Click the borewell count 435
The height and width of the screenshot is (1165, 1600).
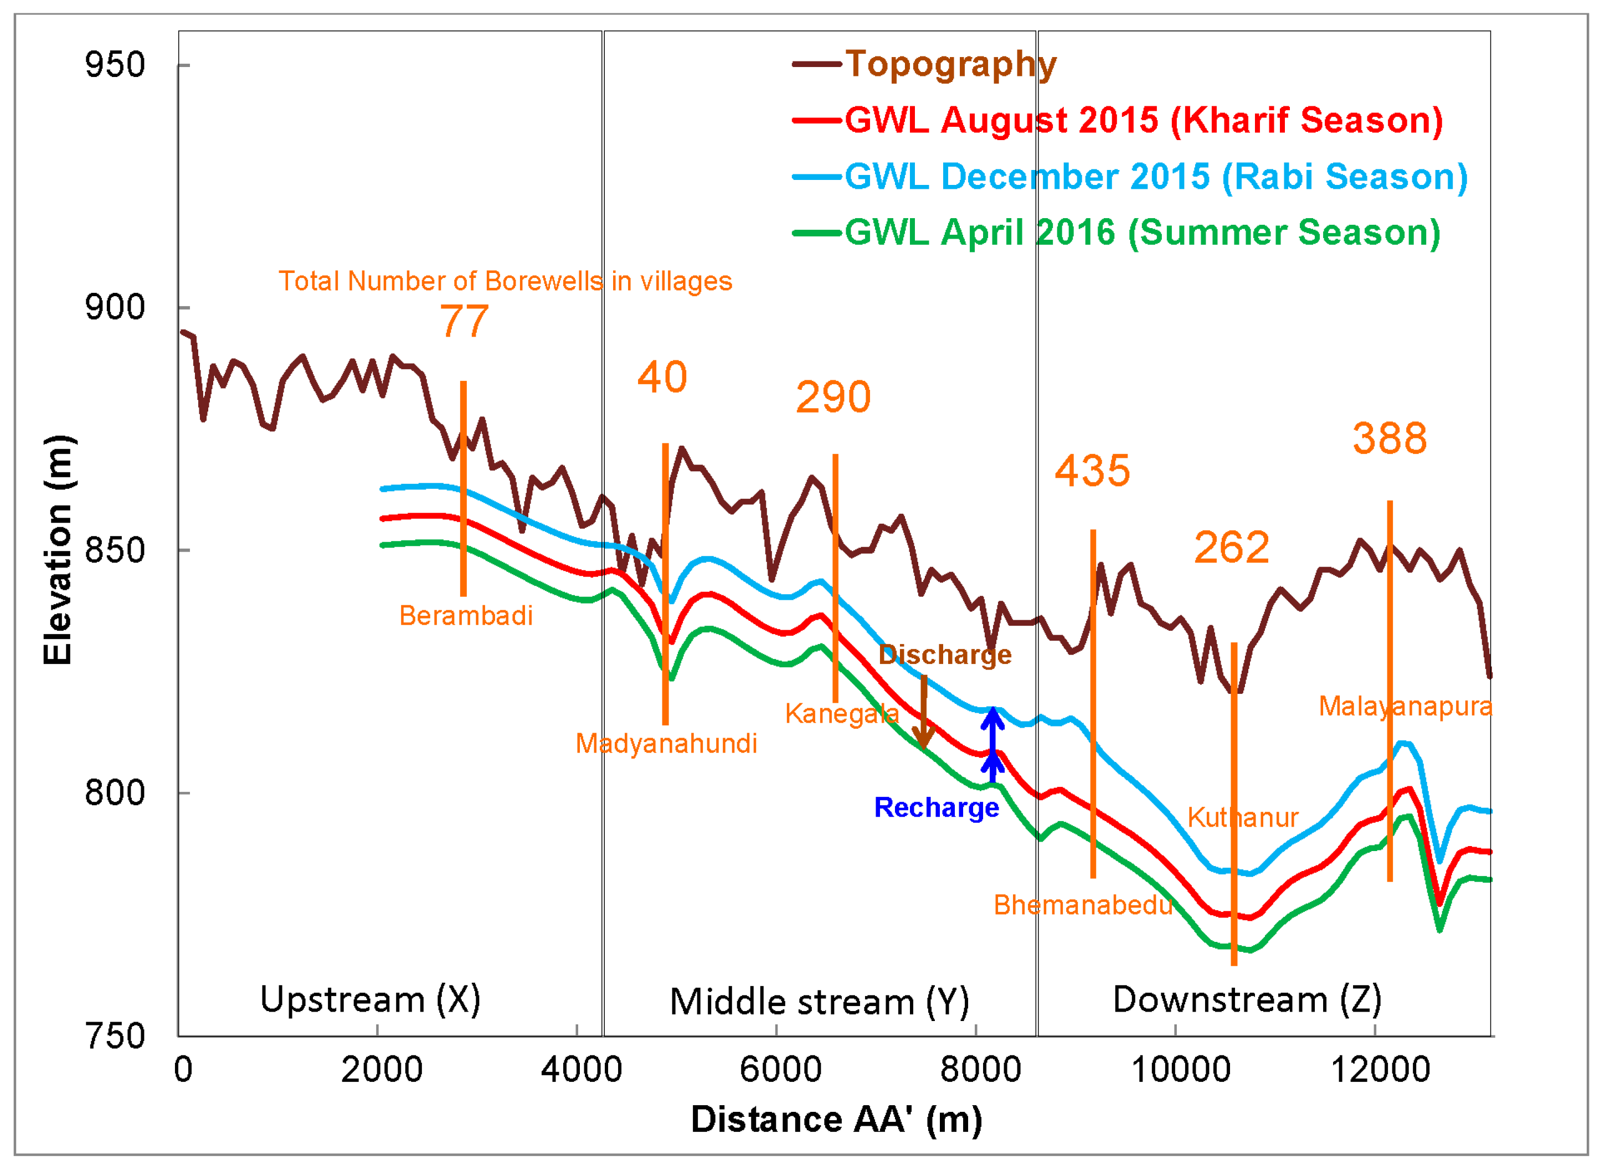point(1092,471)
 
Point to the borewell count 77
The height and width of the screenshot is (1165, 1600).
point(464,322)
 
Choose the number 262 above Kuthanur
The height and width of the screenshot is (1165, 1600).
point(1232,548)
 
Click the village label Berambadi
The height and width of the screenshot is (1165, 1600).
point(466,616)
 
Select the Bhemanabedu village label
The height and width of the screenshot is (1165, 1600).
point(1083,905)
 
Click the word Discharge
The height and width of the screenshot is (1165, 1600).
point(945,655)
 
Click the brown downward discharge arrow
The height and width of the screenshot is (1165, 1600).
point(923,712)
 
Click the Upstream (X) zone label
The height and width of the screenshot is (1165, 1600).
point(371,999)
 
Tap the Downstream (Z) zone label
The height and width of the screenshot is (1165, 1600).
point(1247,999)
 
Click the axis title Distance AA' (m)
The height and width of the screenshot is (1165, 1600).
point(836,1119)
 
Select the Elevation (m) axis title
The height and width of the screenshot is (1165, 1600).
point(58,550)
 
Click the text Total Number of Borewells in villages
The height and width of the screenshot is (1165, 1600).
point(505,281)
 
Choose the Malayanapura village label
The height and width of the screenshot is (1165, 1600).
point(1405,707)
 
